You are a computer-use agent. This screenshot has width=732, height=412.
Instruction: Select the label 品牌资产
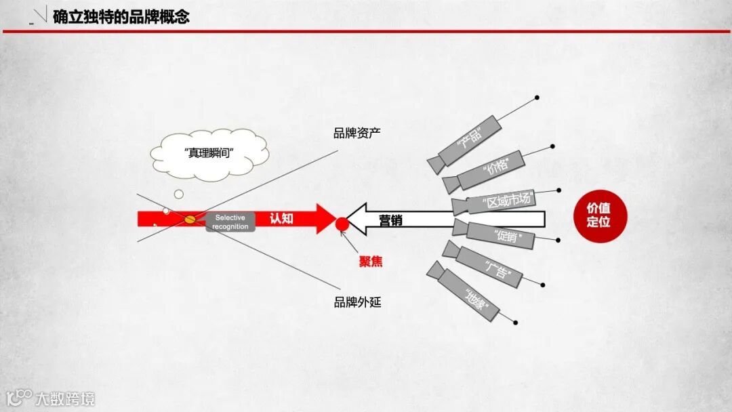click(x=357, y=133)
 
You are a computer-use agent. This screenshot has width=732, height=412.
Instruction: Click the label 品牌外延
click(x=357, y=302)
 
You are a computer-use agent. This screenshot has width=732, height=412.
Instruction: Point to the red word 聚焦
click(x=371, y=262)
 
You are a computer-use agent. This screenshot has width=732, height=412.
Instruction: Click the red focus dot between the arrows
click(x=342, y=224)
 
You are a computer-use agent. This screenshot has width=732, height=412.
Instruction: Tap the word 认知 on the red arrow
click(x=281, y=218)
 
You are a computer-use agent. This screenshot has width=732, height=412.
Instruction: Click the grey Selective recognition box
click(x=230, y=222)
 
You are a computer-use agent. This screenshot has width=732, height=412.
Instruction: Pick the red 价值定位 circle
click(x=598, y=216)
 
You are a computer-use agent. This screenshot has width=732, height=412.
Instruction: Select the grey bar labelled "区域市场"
click(x=506, y=202)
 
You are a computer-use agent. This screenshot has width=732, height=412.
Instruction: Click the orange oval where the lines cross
click(x=190, y=218)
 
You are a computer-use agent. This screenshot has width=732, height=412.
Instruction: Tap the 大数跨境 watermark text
click(x=65, y=398)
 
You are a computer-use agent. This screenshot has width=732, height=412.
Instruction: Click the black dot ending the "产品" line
click(x=537, y=98)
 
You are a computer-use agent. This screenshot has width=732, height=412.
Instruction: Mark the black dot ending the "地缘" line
click(x=516, y=322)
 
